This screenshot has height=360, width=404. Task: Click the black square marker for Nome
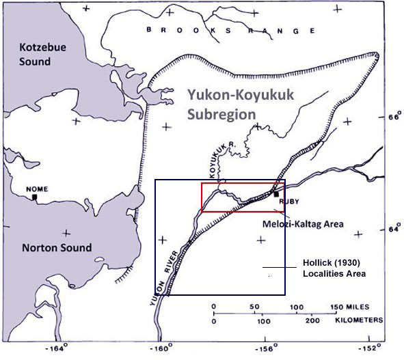click(34, 197)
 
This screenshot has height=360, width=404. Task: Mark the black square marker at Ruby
click(276, 195)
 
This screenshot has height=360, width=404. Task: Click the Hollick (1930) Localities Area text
click(334, 268)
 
